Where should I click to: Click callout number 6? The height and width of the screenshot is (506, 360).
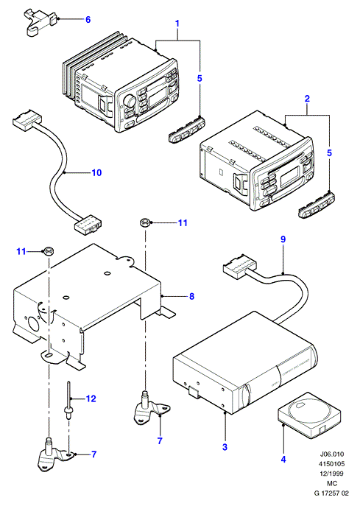88,20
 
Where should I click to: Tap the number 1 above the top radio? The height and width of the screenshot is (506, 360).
177,24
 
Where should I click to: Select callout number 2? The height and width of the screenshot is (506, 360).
307,99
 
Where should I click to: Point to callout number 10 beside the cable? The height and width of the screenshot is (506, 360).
96,172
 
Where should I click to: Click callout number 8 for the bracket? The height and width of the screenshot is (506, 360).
192,296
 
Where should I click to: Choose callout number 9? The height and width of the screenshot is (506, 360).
283,239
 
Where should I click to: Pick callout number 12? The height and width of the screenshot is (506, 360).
91,398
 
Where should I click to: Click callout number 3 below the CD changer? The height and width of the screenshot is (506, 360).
225,447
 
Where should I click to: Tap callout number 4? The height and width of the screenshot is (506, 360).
283,459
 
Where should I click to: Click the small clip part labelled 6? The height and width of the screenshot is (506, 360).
40,24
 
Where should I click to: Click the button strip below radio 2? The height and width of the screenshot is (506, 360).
316,203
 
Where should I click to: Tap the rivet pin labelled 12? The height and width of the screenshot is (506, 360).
68,400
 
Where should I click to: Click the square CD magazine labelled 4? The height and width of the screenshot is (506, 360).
309,415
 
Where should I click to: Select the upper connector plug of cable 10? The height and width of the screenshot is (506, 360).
27,119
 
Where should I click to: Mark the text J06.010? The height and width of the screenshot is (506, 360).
332,454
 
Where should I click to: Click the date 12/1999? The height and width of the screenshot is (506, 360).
331,474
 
